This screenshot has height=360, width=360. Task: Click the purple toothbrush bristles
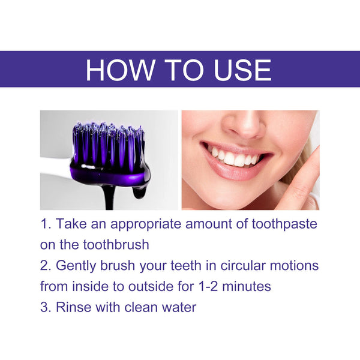pos(108,144)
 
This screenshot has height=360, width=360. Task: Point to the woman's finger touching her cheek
pos(303,180)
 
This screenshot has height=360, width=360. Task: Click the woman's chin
pos(240,198)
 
